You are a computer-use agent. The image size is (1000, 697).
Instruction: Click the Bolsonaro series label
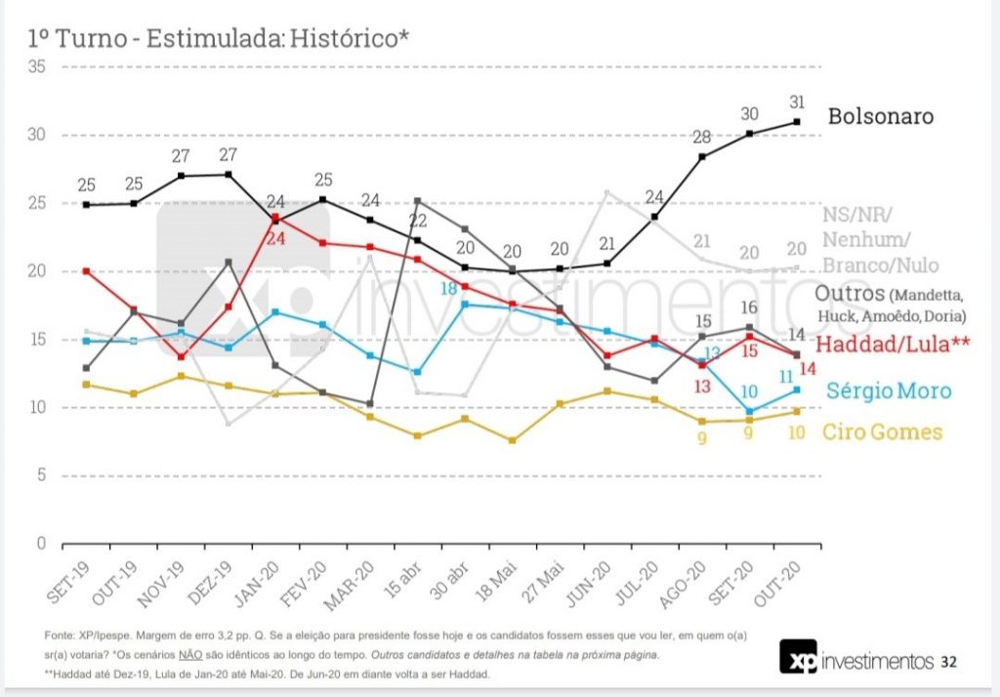880,117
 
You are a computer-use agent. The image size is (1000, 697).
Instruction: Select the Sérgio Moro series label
888,390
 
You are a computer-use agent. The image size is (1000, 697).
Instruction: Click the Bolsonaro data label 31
797,102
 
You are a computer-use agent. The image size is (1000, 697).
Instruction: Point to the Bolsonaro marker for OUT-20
797,122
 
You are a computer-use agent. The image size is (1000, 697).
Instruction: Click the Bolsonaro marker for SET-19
87,205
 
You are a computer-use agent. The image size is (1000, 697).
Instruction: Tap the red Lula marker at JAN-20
276,217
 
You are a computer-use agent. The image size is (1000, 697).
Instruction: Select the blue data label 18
448,289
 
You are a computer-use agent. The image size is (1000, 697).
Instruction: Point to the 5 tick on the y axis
42,475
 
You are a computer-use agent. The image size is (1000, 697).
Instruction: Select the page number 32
948,662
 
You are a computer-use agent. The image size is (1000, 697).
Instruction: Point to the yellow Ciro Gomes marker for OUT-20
797,412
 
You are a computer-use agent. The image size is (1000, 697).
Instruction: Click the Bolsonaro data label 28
702,137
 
